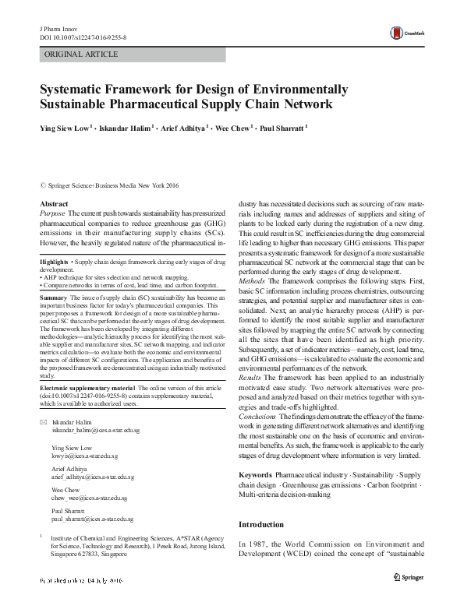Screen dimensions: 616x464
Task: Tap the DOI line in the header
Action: [83, 37]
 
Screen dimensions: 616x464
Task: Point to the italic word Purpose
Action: [52, 213]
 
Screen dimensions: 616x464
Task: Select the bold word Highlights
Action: [54, 262]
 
